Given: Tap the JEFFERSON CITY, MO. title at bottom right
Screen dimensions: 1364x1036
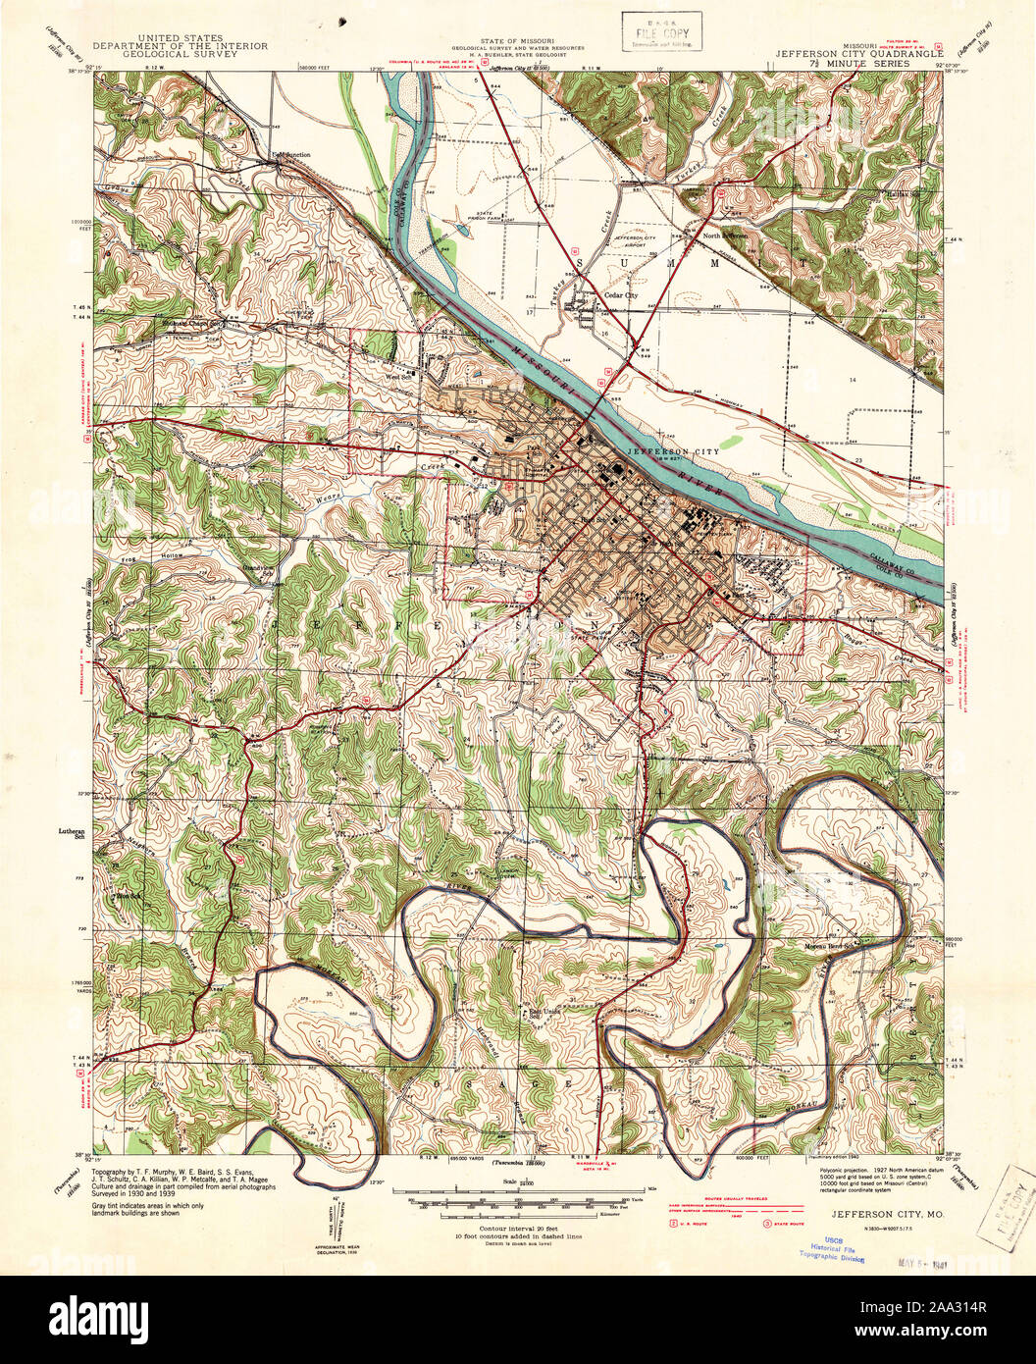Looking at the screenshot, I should click(x=888, y=1214).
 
